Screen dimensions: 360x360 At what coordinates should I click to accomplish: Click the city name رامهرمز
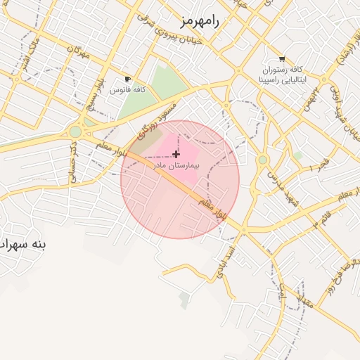click(x=200, y=21)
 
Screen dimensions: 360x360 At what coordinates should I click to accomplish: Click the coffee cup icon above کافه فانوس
click(x=127, y=79)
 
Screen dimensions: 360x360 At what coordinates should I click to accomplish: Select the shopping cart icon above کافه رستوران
click(x=282, y=59)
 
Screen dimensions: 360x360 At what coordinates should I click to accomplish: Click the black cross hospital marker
click(x=176, y=154)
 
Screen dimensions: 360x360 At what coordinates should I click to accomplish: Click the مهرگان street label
click(x=79, y=53)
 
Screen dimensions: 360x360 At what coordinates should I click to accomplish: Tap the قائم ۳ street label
click(x=321, y=220)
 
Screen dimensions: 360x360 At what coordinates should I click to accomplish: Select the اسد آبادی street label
click(x=231, y=260)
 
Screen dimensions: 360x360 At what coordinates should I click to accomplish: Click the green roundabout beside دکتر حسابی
click(x=75, y=131)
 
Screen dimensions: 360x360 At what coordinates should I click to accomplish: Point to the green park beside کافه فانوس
click(x=156, y=88)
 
